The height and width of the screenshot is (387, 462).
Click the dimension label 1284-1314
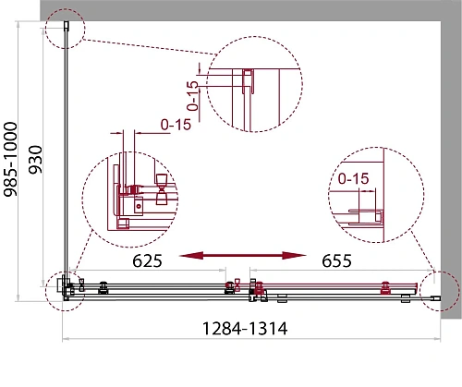245,329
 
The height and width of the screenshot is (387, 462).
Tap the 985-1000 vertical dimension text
10,159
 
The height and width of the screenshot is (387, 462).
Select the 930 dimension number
35,160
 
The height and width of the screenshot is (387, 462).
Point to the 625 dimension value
147,261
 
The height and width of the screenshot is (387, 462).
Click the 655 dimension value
336,261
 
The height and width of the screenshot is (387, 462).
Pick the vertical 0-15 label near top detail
193,95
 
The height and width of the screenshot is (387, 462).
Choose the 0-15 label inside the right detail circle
353,178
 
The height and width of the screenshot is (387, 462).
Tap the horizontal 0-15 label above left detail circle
176,125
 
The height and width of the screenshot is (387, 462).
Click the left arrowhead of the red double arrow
191,255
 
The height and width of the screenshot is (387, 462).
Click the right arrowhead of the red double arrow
294,255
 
